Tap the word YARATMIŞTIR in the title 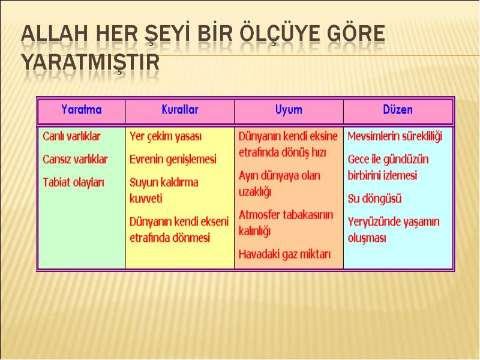[x=91, y=63]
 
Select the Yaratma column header [x=82, y=110]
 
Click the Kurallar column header [x=180, y=110]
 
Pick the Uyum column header [x=289, y=110]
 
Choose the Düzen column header [x=398, y=109]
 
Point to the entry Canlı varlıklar [x=71, y=136]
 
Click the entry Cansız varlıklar [x=76, y=159]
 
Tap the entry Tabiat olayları [x=73, y=182]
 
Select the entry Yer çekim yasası [x=166, y=137]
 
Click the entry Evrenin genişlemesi [x=173, y=160]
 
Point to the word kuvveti [x=146, y=199]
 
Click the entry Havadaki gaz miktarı [x=284, y=254]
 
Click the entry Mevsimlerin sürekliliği [x=395, y=137]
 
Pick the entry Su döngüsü [x=374, y=199]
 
